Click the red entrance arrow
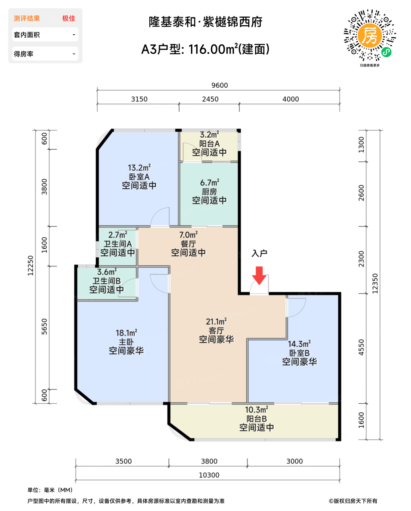pos(259,275)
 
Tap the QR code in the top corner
pos(370,36)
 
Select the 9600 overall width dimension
pos(219,85)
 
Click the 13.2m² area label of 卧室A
pos(139,168)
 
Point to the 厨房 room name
pos(209,192)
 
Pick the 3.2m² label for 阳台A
pos(209,135)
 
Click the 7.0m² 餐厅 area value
pos(188,235)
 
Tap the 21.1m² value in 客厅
pos(216,322)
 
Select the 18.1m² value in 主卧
pos(126,333)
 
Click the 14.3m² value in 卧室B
pos(299,344)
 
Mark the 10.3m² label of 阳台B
pos(256,410)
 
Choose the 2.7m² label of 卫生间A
pos(118,235)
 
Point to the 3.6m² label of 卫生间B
pos(107,272)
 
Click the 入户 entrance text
pos(259,253)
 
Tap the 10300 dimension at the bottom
pos(209,475)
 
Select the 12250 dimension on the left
pos(31,266)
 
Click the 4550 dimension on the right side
pos(361,347)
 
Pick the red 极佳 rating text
pos(69,18)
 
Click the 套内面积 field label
pos(27,35)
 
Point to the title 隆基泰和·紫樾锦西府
pos(205,22)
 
